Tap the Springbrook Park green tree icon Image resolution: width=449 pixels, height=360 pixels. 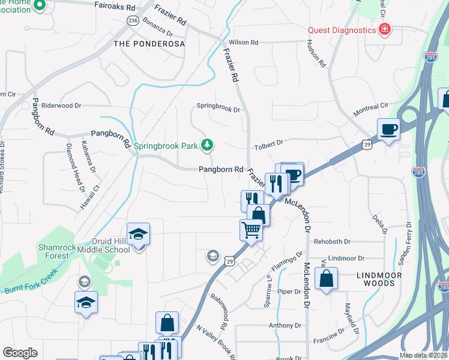coord(207,145)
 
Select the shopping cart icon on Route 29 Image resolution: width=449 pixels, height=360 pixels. coord(250,229)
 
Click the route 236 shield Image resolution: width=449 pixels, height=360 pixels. coord(133,20)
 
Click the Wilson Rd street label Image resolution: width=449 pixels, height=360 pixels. coord(243,43)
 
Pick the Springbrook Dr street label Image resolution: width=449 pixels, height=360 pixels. coord(218,110)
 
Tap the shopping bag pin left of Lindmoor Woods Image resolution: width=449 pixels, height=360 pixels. coord(326,278)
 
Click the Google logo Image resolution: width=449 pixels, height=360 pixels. coord(20,353)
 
